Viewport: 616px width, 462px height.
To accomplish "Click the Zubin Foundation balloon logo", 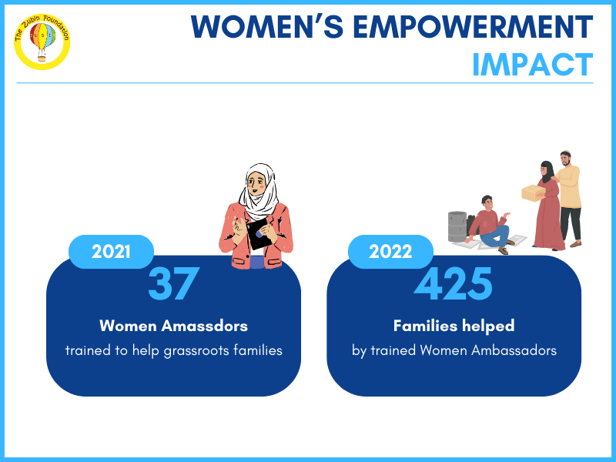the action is coord(42,42).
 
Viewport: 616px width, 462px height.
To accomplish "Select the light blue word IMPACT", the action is coord(533,65).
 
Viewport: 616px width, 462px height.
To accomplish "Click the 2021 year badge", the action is coord(111,252).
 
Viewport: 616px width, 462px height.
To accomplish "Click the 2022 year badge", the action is coord(390,252).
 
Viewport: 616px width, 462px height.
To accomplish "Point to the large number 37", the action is coord(174,283).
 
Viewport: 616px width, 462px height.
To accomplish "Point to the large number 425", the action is coord(453,283).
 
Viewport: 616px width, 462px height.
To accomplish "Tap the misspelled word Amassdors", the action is coord(205,326).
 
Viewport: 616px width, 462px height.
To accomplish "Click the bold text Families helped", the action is coord(454,326).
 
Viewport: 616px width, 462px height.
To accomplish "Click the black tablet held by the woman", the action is coord(258,234).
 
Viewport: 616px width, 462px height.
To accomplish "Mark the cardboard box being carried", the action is coord(534,193).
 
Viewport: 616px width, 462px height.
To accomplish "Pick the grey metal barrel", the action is coord(457,226).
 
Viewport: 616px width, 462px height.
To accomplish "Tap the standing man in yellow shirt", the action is coord(569,199).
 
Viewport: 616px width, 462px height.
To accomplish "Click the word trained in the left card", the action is coord(89,350).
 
